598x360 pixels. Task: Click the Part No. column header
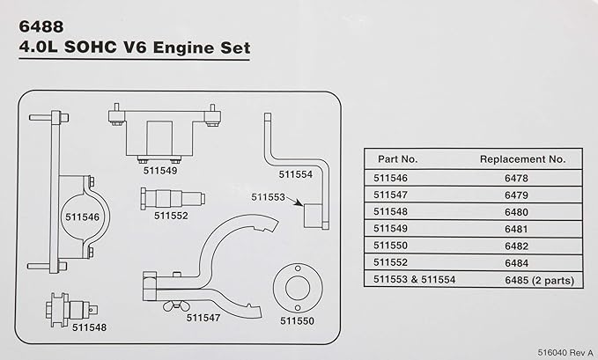coord(397,159)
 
